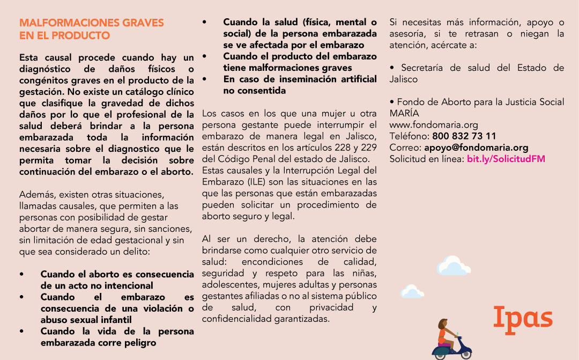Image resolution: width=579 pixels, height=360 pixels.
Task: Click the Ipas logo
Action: click(523, 318)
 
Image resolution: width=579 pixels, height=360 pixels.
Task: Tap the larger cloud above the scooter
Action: click(453, 266)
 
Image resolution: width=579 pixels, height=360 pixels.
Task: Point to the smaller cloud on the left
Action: click(412, 291)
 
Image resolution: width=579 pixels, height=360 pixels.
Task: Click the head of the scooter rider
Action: click(443, 324)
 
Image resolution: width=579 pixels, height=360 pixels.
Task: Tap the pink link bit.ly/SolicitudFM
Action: click(506, 159)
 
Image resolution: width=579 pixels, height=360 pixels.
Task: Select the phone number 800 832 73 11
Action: click(464, 136)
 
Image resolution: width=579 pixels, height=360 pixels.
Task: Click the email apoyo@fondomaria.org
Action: click(476, 148)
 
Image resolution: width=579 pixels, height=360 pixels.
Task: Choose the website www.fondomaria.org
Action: click(426, 125)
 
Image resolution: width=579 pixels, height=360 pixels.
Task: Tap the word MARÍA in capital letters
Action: click(404, 114)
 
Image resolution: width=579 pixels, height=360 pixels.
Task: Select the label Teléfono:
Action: click(409, 136)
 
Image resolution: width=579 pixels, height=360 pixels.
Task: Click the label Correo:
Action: click(405, 148)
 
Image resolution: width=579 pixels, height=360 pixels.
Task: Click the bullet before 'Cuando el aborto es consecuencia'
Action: click(21, 274)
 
